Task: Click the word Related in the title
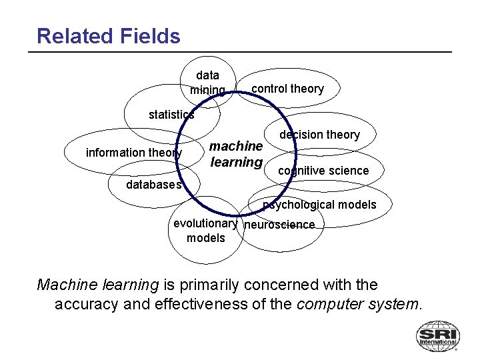tap(72, 36)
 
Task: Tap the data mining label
tap(207, 83)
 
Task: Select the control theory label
tap(287, 89)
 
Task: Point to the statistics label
tap(171, 115)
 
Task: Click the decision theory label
tap(319, 135)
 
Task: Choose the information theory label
tap(134, 153)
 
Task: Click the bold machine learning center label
tap(236, 154)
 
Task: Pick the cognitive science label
tap(323, 171)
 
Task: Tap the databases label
tap(154, 185)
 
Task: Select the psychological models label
tap(319, 205)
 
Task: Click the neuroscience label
tap(279, 225)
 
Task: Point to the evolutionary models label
tap(205, 231)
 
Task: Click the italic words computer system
tap(359, 305)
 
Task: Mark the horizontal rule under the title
tap(244, 52)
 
